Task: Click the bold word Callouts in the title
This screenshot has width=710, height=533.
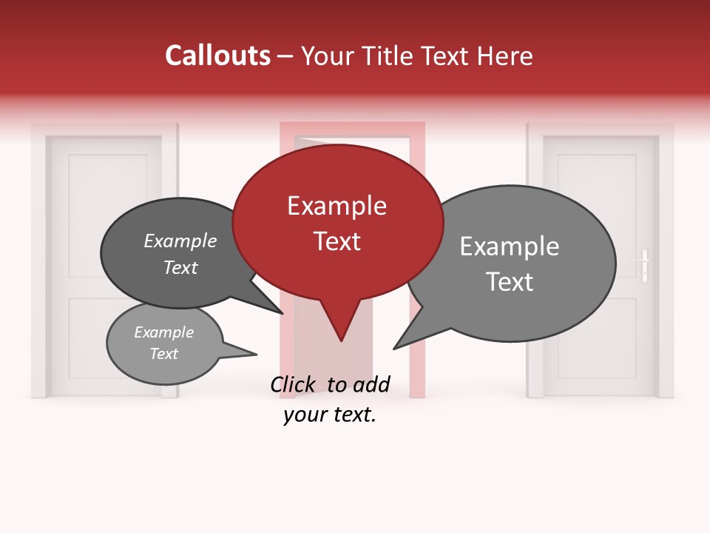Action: point(217,56)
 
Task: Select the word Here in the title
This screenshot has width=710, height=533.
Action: point(506,56)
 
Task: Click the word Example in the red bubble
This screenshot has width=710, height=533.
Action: point(337,206)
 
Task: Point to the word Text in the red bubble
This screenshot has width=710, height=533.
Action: point(337,241)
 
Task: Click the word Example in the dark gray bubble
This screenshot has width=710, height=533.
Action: point(180,241)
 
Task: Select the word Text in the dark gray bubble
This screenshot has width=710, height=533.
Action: point(180,267)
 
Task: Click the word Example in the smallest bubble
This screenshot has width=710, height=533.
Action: point(163,332)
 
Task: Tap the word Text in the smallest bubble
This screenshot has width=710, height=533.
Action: point(163,354)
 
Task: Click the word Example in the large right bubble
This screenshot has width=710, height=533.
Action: point(510,247)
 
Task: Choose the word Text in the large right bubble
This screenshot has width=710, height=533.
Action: point(510,282)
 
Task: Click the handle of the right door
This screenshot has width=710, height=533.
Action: point(645,264)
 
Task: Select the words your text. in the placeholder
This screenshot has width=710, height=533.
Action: point(330,415)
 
